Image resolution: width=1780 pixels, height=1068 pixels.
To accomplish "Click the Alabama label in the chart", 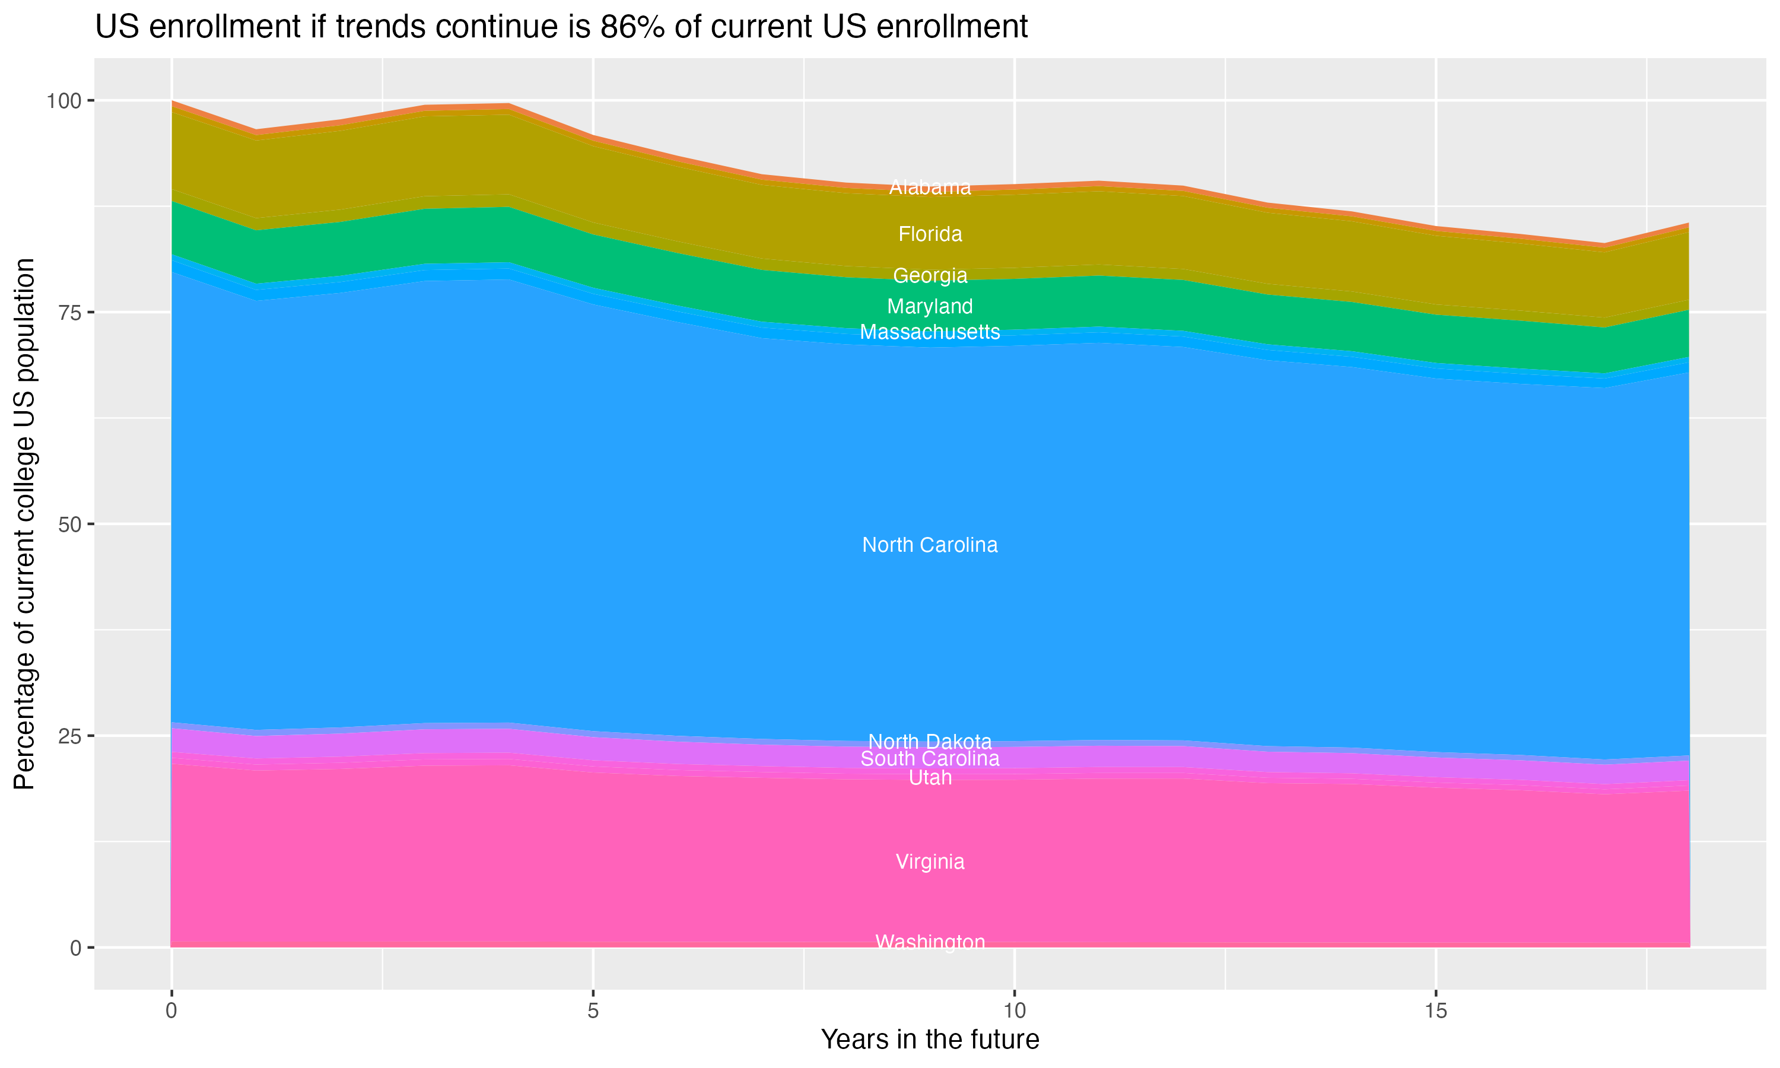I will tap(930, 187).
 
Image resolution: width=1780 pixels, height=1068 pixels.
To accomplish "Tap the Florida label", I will tap(930, 234).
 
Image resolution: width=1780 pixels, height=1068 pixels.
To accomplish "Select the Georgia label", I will tap(930, 276).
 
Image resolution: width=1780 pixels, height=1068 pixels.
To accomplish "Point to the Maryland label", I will tap(930, 307).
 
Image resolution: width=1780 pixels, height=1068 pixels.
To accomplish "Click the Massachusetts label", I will tap(930, 332).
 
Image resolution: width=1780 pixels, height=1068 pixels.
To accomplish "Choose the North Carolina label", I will tap(930, 545).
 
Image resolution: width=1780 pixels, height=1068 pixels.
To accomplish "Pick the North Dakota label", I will tap(930, 741).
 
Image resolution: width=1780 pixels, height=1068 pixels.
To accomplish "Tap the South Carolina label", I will tap(930, 758).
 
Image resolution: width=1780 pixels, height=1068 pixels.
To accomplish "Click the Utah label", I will tap(930, 778).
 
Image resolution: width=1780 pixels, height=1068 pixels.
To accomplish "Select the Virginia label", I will tap(930, 862).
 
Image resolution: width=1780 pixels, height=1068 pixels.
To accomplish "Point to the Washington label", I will tap(930, 942).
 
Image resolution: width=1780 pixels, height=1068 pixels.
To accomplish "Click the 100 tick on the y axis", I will tap(64, 101).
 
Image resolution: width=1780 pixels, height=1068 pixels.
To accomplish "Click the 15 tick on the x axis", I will tap(1435, 1011).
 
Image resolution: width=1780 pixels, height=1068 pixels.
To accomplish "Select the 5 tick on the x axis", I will tap(593, 1011).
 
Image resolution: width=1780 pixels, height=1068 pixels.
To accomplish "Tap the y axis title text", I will tap(24, 524).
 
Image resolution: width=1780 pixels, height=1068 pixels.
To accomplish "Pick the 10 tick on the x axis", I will tap(1014, 1011).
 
